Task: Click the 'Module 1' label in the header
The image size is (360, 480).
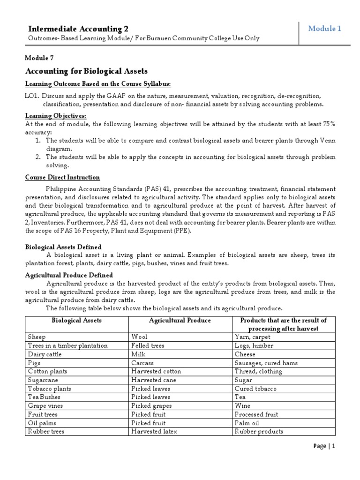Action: point(325,29)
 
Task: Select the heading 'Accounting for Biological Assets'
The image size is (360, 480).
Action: point(86,71)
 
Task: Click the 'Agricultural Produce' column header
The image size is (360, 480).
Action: point(180,320)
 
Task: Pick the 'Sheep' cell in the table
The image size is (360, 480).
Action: point(37,337)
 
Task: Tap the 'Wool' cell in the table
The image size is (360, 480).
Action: point(140,337)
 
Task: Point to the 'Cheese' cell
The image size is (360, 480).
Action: point(245,354)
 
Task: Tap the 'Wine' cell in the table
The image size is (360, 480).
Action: point(242,405)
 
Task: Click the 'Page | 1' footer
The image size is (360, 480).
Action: point(324,459)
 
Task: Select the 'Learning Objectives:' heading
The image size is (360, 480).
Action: point(55,116)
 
